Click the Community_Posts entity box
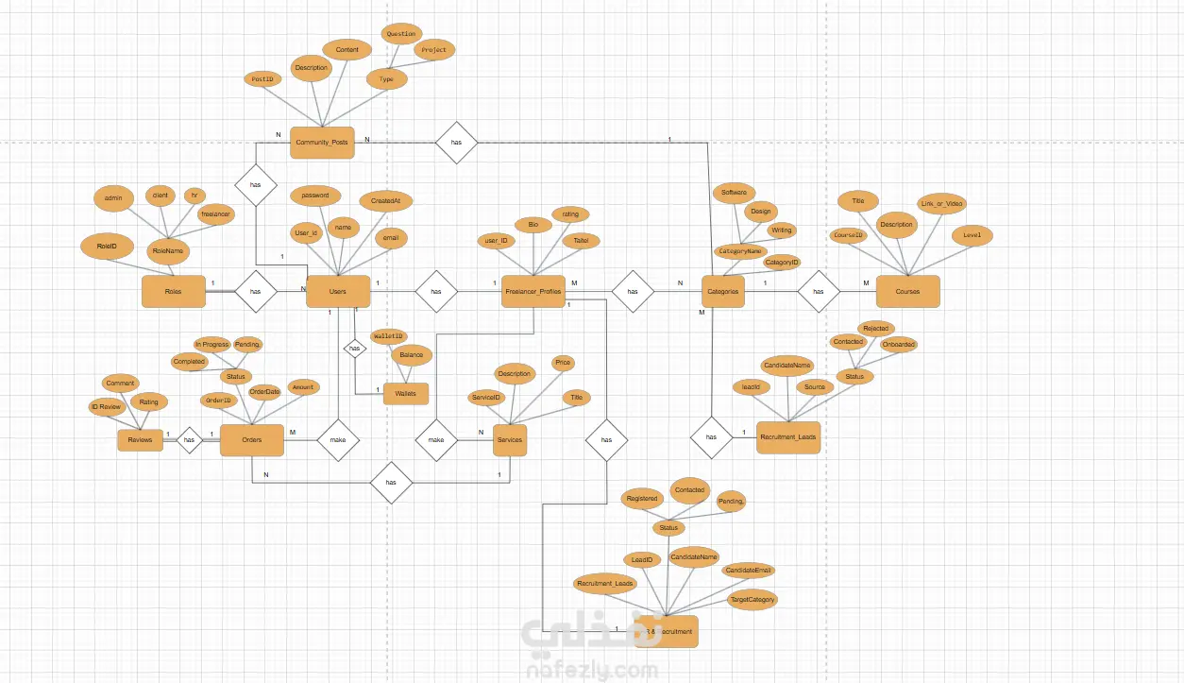[x=322, y=143]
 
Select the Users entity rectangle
[x=337, y=292]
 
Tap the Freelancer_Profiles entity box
[x=533, y=292]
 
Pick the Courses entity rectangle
[x=907, y=292]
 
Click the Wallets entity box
[x=406, y=393]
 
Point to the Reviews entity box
[x=140, y=440]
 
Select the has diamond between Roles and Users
[x=255, y=292]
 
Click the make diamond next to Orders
[x=338, y=440]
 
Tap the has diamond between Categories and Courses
[x=818, y=292]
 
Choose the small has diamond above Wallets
[x=354, y=350]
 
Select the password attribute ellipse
[x=315, y=196]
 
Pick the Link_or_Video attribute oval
[x=941, y=204]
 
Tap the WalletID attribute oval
[x=388, y=335]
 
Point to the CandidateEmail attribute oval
[x=749, y=571]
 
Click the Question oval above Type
[x=400, y=34]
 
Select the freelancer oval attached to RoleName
[x=215, y=214]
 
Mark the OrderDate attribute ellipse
[x=264, y=391]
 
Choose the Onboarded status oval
[x=898, y=345]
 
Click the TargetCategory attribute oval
[x=753, y=600]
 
